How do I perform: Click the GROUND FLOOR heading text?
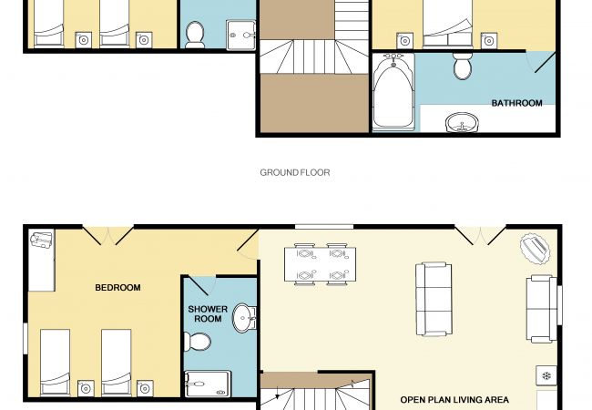pyautogui.click(x=295, y=172)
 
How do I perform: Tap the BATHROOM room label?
pyautogui.click(x=516, y=103)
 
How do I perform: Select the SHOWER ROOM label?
pyautogui.click(x=208, y=313)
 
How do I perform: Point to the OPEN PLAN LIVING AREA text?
pyautogui.click(x=454, y=399)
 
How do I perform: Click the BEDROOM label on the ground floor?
pyautogui.click(x=117, y=288)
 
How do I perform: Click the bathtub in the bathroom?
pyautogui.click(x=393, y=92)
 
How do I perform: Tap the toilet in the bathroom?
pyautogui.click(x=463, y=67)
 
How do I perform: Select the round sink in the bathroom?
pyautogui.click(x=462, y=122)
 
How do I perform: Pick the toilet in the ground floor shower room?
pyautogui.click(x=197, y=342)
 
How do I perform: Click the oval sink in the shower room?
pyautogui.click(x=244, y=318)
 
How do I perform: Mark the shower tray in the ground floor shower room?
pyautogui.click(x=208, y=384)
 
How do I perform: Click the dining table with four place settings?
pyautogui.click(x=321, y=264)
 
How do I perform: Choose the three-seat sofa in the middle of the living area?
pyautogui.click(x=434, y=300)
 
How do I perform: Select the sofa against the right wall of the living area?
pyautogui.click(x=541, y=309)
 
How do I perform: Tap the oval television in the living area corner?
pyautogui.click(x=535, y=249)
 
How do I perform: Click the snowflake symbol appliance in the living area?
pyautogui.click(x=546, y=375)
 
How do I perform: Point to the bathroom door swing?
pyautogui.click(x=540, y=62)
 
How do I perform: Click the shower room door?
pyautogui.click(x=199, y=286)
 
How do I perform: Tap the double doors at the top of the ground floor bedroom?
pyautogui.click(x=108, y=236)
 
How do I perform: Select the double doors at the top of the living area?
pyautogui.click(x=480, y=236)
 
